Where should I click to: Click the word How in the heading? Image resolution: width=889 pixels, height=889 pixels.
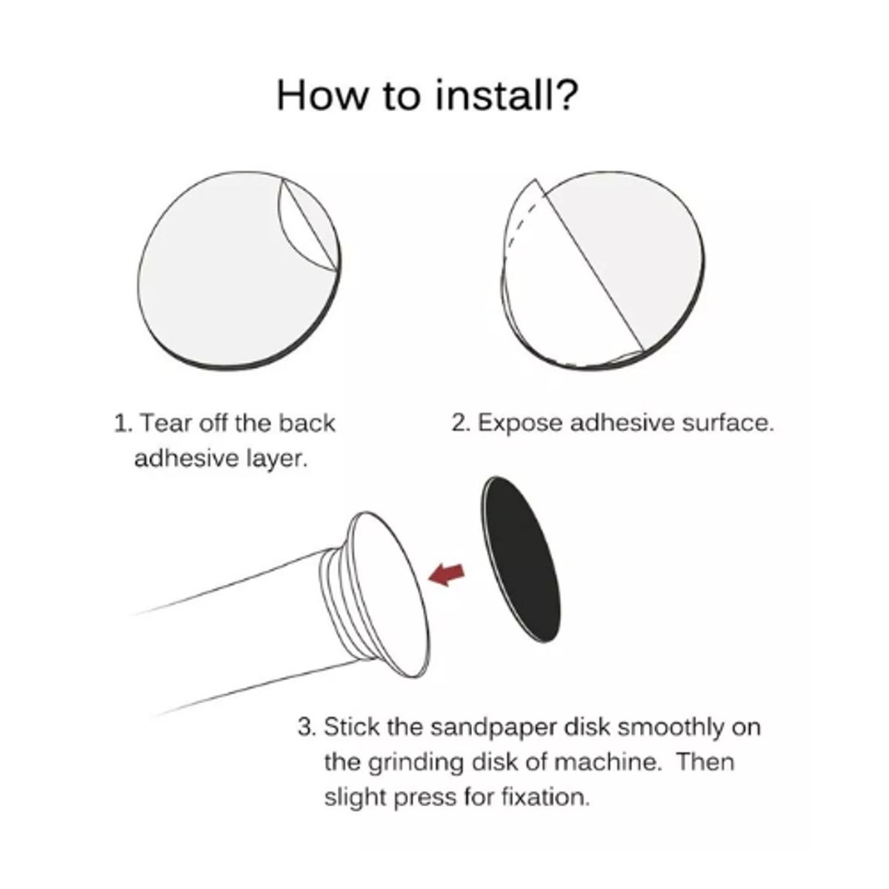pyautogui.click(x=323, y=96)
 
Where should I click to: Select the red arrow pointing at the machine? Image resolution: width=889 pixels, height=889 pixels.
pyautogui.click(x=446, y=575)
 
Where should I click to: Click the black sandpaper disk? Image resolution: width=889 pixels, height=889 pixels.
pyautogui.click(x=521, y=559)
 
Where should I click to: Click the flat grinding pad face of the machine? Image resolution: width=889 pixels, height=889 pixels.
pyautogui.click(x=398, y=595)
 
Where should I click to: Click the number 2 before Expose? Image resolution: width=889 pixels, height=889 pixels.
pyautogui.click(x=460, y=423)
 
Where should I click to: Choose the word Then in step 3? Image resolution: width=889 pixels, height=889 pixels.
pyautogui.click(x=705, y=762)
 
